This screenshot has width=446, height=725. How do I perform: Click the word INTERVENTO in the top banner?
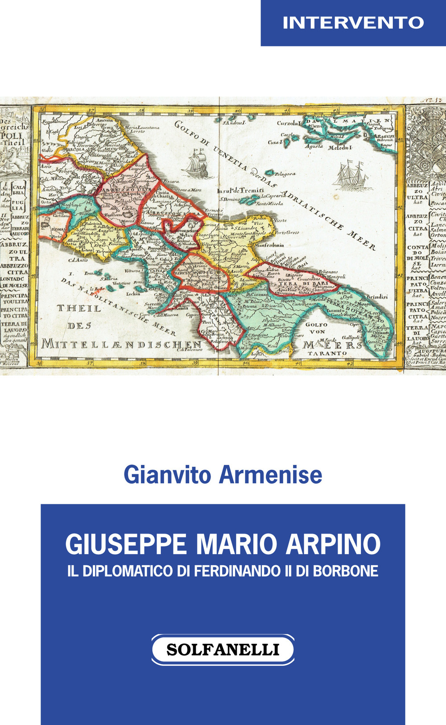coord(353,23)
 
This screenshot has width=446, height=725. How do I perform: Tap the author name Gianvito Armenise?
coord(223,475)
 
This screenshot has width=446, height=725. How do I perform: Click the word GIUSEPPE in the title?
coord(126,544)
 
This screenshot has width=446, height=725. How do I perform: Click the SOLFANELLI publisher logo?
coord(223,649)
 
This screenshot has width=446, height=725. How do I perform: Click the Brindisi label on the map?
coord(377,296)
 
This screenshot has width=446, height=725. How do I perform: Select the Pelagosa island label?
coord(285,174)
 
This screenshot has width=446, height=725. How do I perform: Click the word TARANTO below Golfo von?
coord(327,353)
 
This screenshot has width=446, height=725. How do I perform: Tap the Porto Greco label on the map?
coord(287,232)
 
